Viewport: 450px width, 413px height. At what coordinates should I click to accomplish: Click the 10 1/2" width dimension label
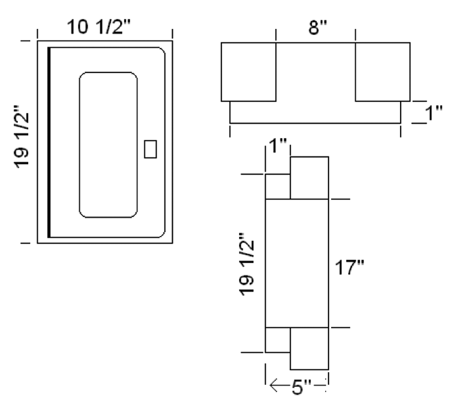98,27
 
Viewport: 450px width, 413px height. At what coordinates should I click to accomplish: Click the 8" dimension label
317,28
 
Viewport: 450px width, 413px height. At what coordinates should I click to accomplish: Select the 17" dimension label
349,267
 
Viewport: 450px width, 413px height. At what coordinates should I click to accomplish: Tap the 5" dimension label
302,387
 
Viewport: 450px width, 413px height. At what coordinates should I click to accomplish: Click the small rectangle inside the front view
150,149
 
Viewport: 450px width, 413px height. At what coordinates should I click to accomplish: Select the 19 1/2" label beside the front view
22,137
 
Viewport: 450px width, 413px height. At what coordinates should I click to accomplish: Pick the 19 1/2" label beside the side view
247,264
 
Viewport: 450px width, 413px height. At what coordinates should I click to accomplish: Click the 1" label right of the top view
434,112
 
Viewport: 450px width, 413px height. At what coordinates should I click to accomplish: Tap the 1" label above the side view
278,145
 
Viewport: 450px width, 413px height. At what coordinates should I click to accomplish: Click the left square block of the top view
249,72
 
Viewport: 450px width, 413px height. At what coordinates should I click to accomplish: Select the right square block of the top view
382,72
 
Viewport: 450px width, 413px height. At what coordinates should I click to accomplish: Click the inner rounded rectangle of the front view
108,145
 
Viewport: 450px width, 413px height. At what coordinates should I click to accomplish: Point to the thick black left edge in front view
49,142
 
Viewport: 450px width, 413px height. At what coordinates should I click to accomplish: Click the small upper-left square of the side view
277,186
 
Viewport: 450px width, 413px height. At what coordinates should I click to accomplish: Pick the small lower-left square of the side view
277,340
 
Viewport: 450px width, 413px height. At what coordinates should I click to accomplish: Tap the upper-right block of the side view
309,178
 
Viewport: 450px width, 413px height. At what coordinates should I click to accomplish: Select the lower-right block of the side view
309,348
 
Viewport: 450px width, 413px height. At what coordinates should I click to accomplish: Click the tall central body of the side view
297,263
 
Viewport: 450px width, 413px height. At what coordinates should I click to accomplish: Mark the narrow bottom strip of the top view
315,112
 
